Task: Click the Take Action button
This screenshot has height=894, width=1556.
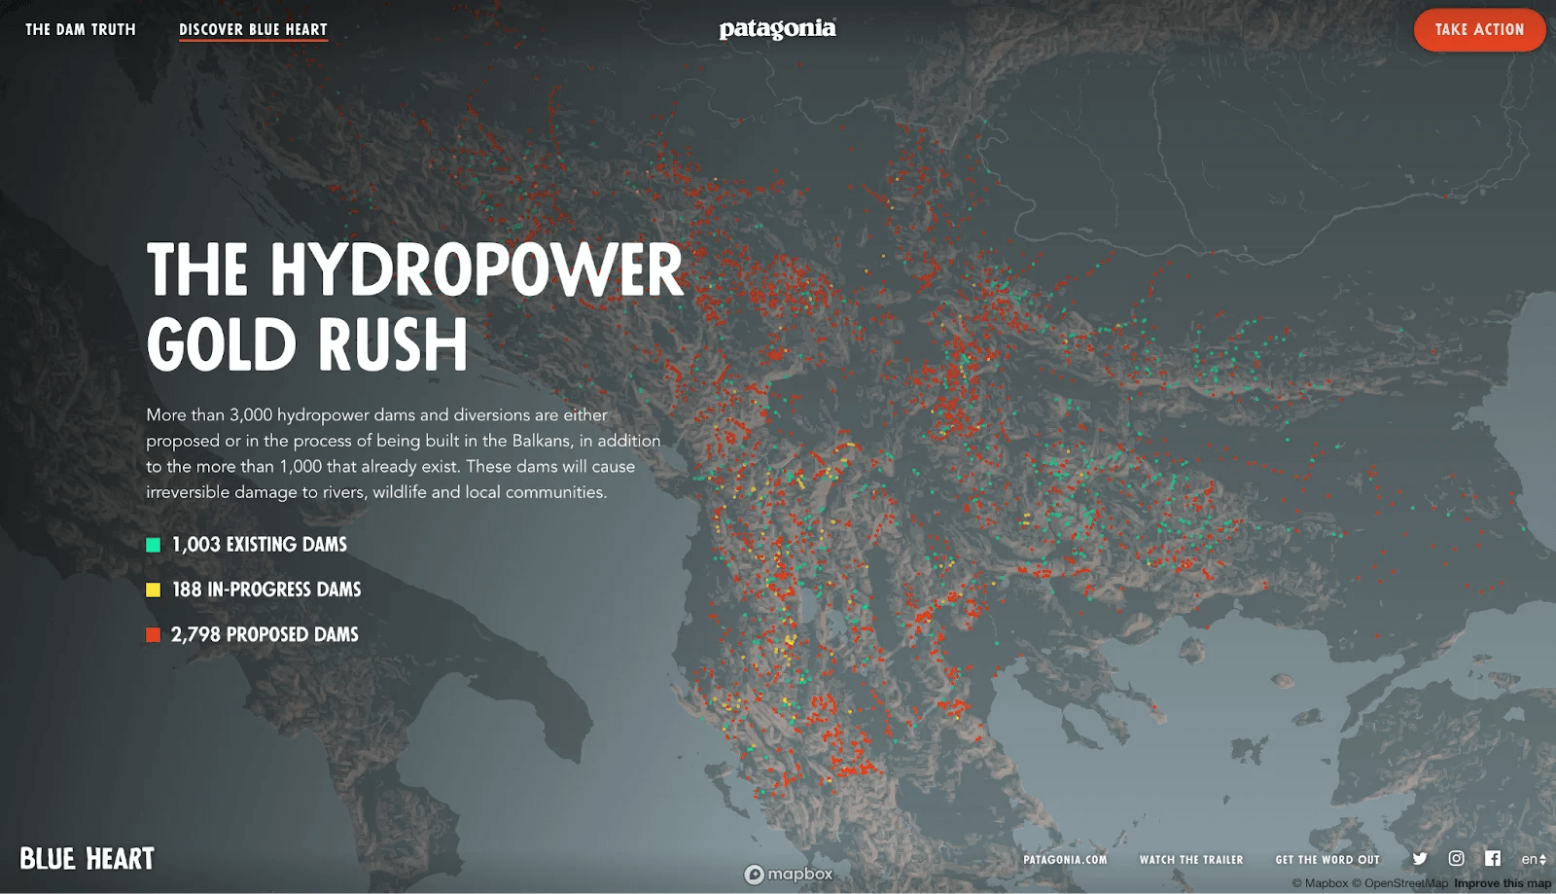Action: click(x=1478, y=30)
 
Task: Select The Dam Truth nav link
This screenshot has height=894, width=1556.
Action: click(x=81, y=30)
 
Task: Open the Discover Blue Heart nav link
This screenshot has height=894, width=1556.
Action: click(x=253, y=30)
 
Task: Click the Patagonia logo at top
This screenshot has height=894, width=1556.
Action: click(x=777, y=29)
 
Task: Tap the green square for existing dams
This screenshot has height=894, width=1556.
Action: click(x=153, y=545)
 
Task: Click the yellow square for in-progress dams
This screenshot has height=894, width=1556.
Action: click(x=153, y=590)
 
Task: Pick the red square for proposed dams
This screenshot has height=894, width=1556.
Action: click(x=153, y=635)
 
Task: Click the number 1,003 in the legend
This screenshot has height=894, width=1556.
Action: click(x=195, y=545)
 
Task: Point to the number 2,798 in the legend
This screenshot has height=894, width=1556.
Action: click(x=195, y=635)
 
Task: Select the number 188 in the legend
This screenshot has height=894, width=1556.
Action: click(x=187, y=590)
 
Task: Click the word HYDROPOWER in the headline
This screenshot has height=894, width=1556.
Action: click(x=477, y=270)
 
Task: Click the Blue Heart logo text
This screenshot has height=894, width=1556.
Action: click(x=88, y=859)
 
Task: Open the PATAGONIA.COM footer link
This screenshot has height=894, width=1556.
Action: click(x=1065, y=860)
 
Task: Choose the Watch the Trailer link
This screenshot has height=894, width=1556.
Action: click(x=1191, y=860)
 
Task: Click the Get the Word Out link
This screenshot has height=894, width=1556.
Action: click(x=1327, y=860)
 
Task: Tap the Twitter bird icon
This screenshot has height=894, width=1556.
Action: click(x=1420, y=859)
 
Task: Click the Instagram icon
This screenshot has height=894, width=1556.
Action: click(x=1456, y=858)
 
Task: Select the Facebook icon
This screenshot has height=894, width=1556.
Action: click(x=1493, y=858)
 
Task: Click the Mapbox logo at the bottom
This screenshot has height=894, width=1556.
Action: click(x=789, y=875)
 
